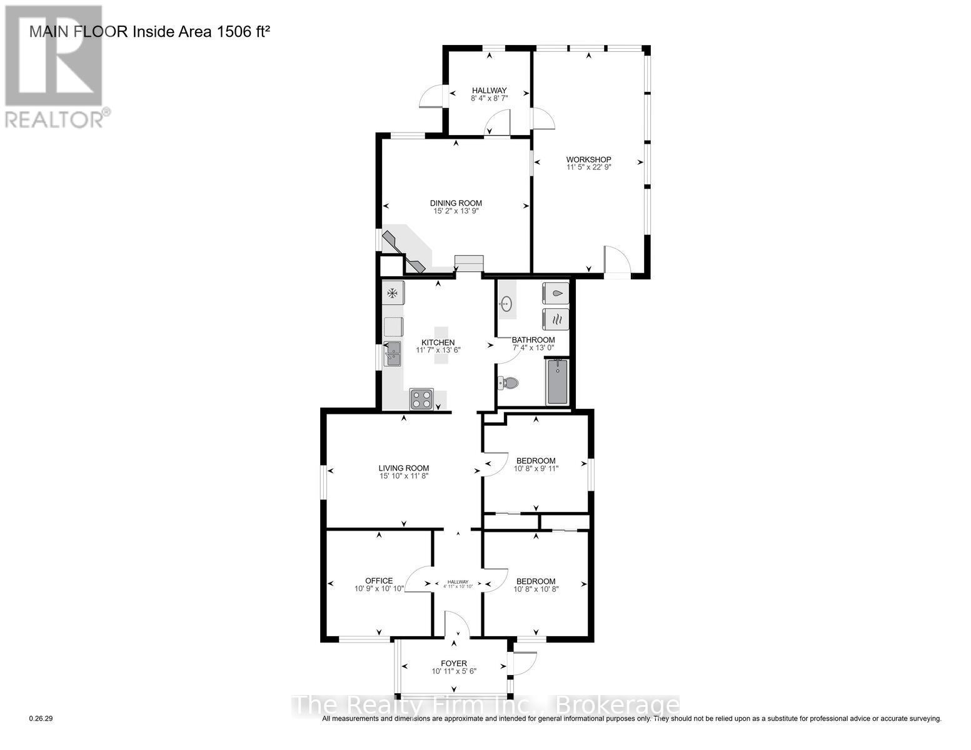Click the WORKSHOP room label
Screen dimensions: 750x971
(588, 159)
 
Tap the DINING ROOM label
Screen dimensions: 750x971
(456, 203)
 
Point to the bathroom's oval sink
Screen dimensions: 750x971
(506, 305)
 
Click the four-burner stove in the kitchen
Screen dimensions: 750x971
(421, 399)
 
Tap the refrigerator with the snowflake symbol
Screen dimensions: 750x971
(394, 292)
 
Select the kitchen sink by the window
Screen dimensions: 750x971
(393, 354)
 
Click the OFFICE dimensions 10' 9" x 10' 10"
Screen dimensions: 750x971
(379, 589)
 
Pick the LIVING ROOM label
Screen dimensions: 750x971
(404, 468)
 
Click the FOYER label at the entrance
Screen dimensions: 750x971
(454, 664)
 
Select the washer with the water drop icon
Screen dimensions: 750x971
(556, 292)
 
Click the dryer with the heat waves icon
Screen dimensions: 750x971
(556, 318)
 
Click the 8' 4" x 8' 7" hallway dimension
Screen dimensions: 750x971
(489, 98)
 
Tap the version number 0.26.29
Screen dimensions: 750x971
(41, 719)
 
